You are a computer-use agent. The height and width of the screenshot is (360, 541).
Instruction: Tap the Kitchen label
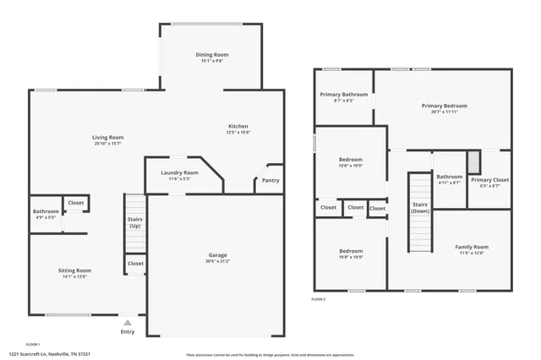click(237, 126)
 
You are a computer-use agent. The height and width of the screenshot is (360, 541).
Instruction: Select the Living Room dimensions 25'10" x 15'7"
click(108, 144)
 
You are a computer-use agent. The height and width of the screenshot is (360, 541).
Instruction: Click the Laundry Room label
click(179, 172)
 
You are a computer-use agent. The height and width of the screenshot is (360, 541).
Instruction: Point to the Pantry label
click(270, 180)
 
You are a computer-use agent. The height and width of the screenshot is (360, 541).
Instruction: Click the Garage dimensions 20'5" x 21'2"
click(217, 261)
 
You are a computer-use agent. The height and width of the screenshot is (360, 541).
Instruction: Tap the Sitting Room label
click(74, 270)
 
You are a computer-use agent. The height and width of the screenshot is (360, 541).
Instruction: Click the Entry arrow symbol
click(127, 322)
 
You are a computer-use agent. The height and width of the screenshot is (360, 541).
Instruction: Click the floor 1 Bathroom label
click(46, 211)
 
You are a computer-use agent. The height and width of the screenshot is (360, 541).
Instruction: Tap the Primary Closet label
click(489, 180)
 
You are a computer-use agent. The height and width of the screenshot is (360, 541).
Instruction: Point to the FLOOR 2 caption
click(318, 300)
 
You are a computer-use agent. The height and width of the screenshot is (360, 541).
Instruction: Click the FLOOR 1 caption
click(33, 344)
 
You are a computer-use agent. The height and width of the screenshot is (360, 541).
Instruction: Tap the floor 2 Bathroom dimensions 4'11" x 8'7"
click(449, 183)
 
